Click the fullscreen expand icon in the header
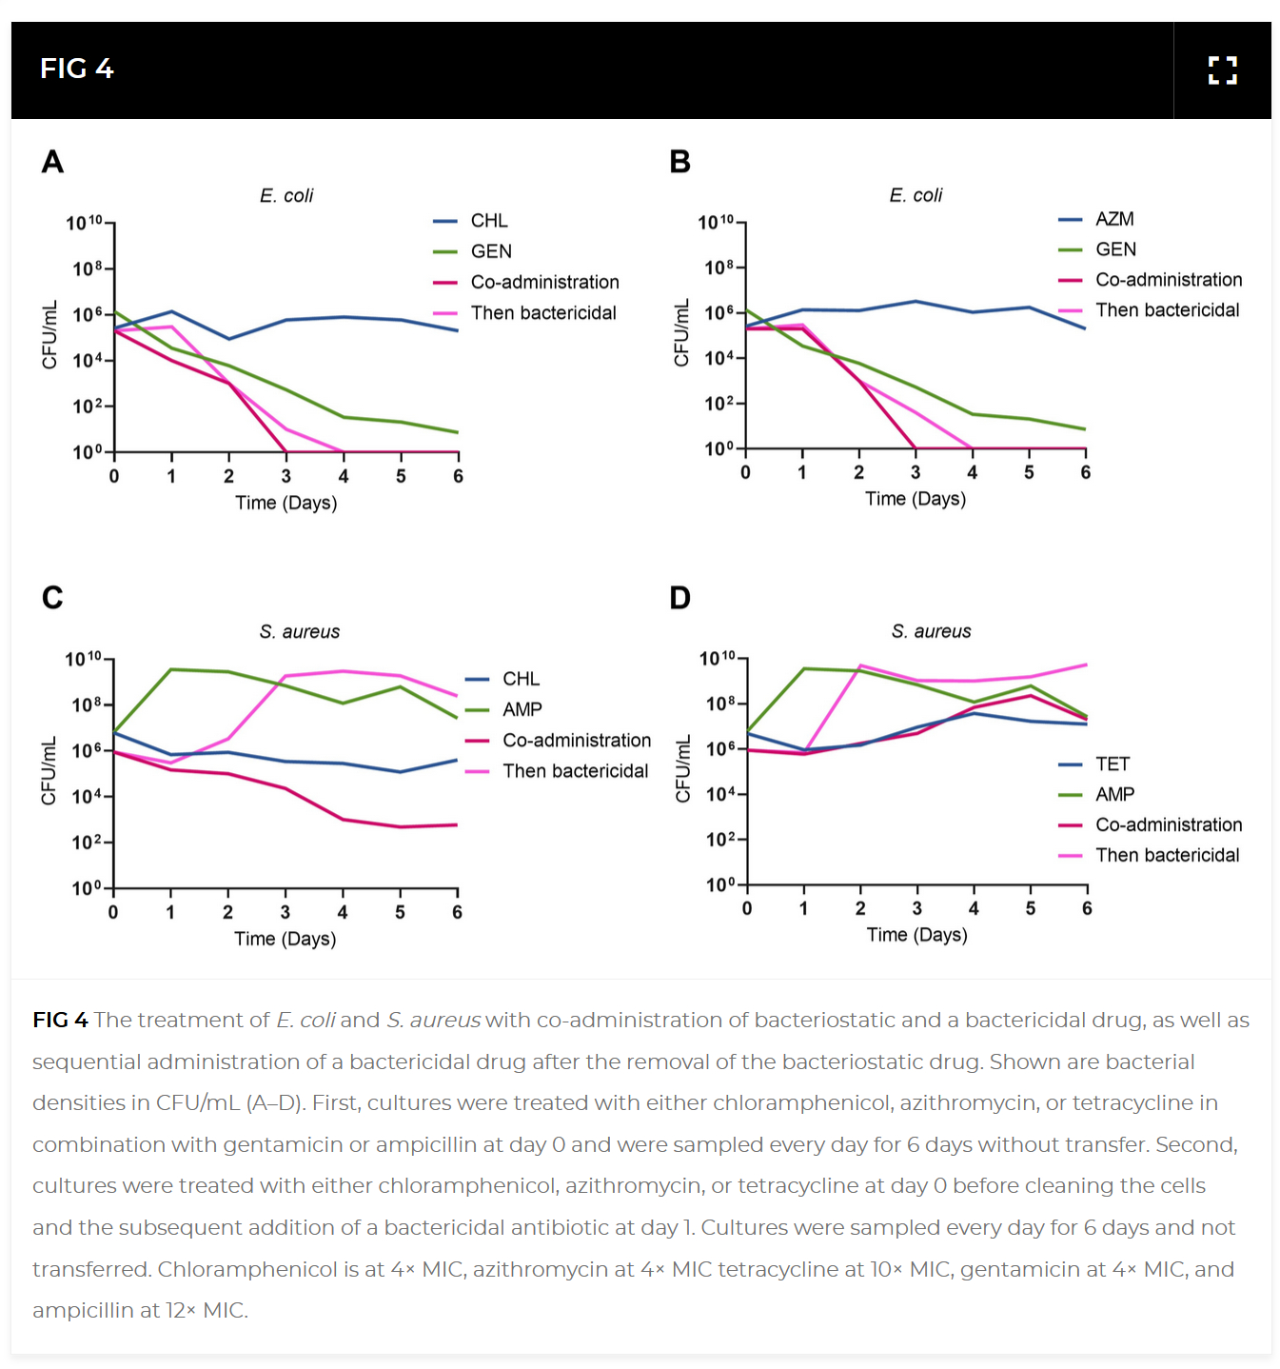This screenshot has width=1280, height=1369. coord(1222,70)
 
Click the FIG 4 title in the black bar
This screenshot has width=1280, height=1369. coord(77,69)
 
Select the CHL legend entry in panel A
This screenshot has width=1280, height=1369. coord(489,221)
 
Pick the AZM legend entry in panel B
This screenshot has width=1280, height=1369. coord(1114,219)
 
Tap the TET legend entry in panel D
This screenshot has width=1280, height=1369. coord(1112,764)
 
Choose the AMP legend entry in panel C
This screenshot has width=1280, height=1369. coord(522,709)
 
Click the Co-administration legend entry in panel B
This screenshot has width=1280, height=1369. coord(1169,280)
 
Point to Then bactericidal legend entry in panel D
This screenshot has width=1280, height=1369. coord(1167,855)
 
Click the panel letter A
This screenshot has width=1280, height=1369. coord(53,162)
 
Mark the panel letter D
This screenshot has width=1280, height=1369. coord(679,598)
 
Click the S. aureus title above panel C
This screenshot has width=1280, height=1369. coord(299,632)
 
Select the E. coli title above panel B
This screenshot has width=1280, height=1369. coord(916,195)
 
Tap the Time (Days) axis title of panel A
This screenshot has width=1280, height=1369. coord(286,503)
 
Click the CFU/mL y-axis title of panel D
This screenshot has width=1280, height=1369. coord(682,769)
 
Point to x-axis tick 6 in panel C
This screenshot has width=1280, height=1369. coord(457,912)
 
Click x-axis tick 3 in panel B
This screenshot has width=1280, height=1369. coord(916,472)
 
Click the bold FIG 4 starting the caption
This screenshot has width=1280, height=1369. coord(60,1021)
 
